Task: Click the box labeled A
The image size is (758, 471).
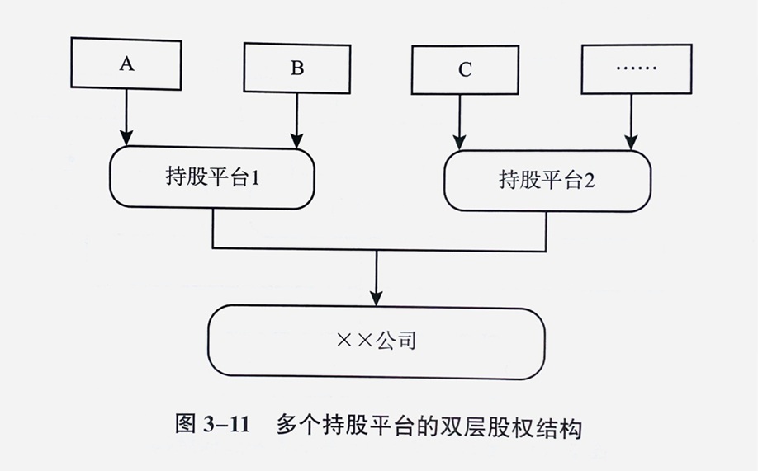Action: (126, 64)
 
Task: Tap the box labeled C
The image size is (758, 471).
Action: (465, 69)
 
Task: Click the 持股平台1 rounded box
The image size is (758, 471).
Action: (212, 178)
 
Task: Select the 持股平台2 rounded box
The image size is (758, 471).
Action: (547, 180)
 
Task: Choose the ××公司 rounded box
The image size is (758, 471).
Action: (377, 341)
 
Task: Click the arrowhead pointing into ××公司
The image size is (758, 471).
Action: (377, 295)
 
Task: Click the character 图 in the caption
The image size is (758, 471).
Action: (186, 428)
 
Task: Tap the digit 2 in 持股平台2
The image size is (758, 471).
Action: (590, 180)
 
